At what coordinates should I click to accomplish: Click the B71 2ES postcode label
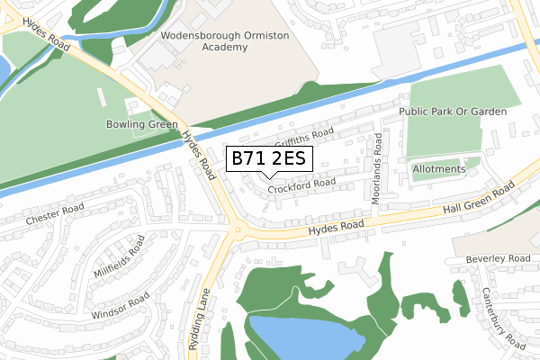point(269,159)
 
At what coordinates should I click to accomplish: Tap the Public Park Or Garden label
point(453,111)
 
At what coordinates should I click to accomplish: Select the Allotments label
point(438,169)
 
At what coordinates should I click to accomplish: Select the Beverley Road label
point(499,259)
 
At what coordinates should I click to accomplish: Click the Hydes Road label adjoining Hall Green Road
point(335,229)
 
